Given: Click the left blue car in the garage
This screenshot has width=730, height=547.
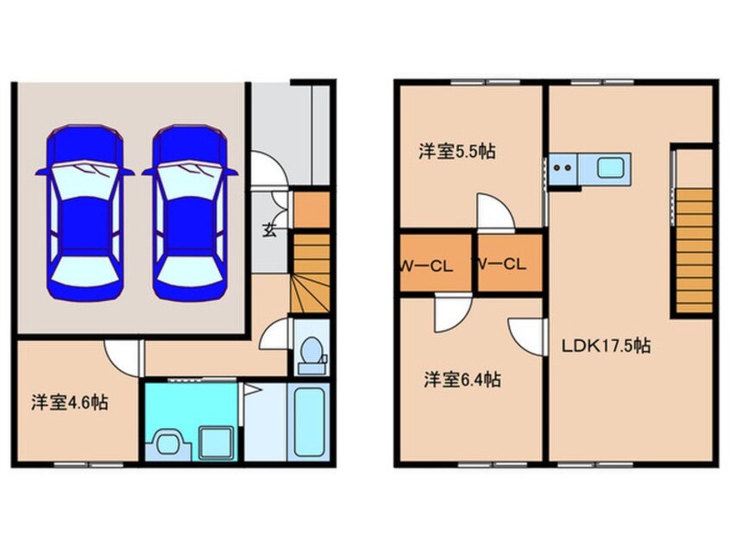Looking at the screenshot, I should pos(85,209).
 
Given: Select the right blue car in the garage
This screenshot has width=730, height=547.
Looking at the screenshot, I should pos(190,209).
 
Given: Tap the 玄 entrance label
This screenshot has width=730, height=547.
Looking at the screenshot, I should pos(270,229).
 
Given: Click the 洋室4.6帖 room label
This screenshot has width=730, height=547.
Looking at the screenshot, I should pos(70,402).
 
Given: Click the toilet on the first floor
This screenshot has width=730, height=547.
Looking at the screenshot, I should pos(311,354).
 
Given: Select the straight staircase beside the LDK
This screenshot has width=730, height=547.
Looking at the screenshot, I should pos(694,250).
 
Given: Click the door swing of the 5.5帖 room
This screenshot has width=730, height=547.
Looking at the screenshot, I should pos(494,213).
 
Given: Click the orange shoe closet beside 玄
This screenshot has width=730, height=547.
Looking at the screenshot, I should pos(311,210).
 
